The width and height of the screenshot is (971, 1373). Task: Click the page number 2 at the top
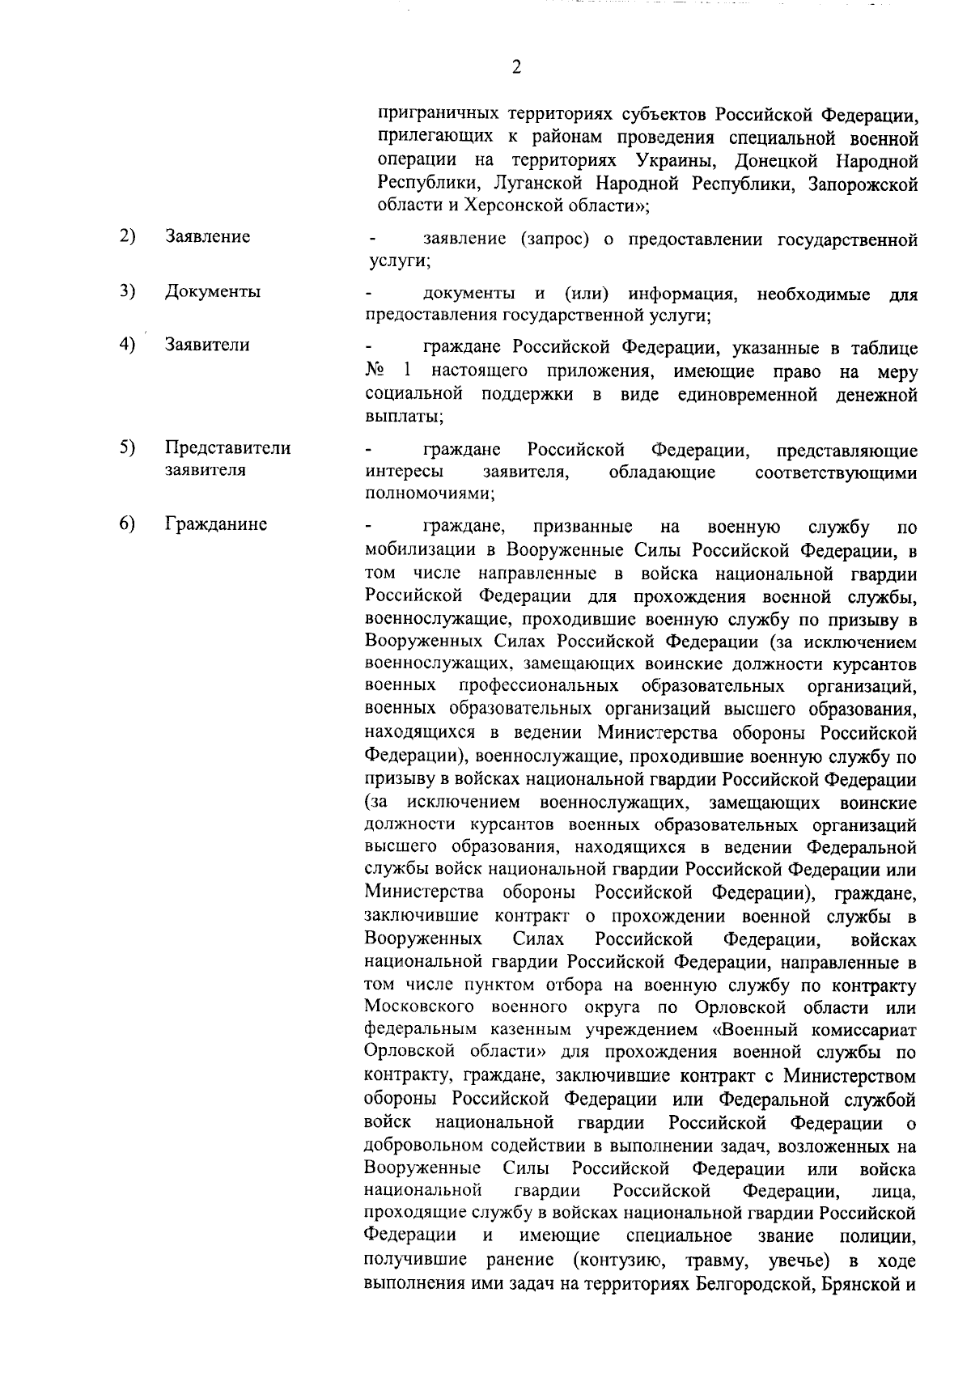516,67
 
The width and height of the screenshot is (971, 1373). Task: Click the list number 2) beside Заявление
127,236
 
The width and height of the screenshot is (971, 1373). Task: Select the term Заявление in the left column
208,236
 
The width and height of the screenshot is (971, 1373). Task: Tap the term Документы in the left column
213,291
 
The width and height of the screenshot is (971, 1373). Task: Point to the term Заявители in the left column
207,345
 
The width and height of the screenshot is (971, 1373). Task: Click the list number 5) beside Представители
127,447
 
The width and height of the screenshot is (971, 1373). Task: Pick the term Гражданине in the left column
216,524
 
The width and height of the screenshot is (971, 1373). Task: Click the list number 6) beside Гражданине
127,524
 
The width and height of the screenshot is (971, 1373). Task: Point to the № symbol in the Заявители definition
374,372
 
